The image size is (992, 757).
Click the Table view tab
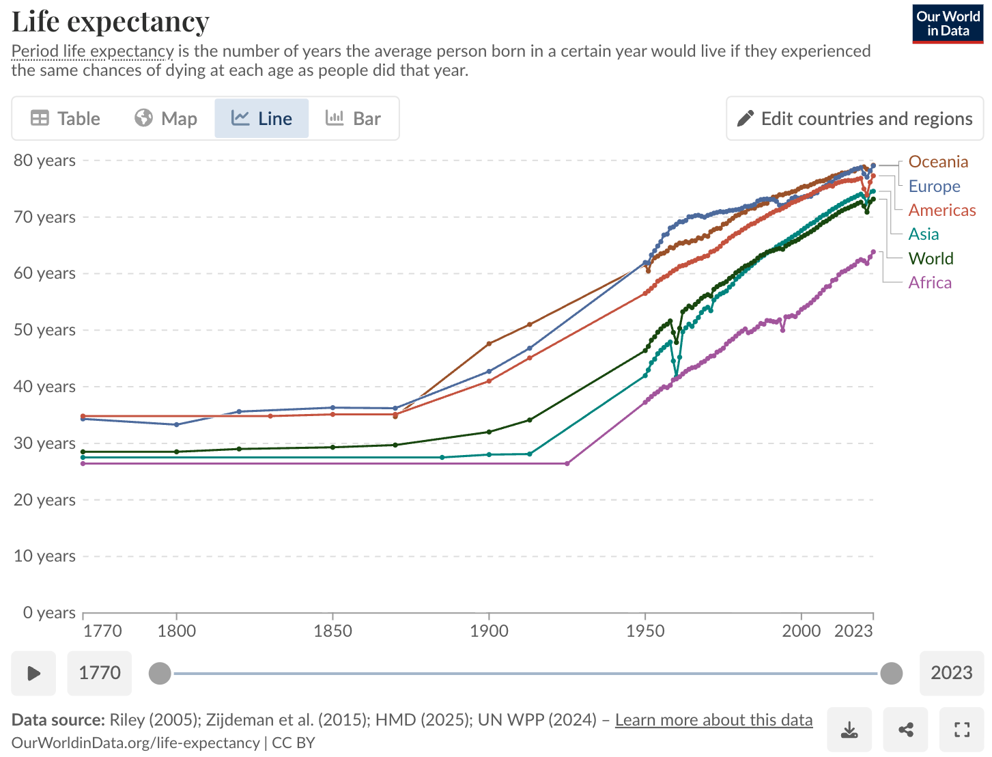[x=66, y=118]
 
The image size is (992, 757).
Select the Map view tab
[x=166, y=118]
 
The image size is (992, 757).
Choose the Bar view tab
[x=353, y=118]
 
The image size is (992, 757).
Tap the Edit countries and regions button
[x=855, y=118]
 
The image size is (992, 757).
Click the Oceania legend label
[x=938, y=162]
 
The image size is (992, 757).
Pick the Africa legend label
[x=929, y=283]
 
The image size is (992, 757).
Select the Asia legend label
[x=923, y=234]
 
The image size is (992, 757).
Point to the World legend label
[x=931, y=259]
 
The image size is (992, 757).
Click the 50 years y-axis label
[x=44, y=330]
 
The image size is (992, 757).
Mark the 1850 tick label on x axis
[x=332, y=631]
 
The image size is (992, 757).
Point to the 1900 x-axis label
[x=489, y=631]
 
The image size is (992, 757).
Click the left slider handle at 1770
[x=160, y=673]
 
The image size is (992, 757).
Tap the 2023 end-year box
[x=951, y=673]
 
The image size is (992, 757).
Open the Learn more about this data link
[x=713, y=720]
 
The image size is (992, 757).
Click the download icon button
[x=849, y=730]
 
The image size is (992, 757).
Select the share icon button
[x=905, y=730]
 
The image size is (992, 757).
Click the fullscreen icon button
[x=961, y=730]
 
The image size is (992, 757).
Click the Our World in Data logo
[x=948, y=24]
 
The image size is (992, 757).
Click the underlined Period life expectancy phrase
[x=93, y=51]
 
